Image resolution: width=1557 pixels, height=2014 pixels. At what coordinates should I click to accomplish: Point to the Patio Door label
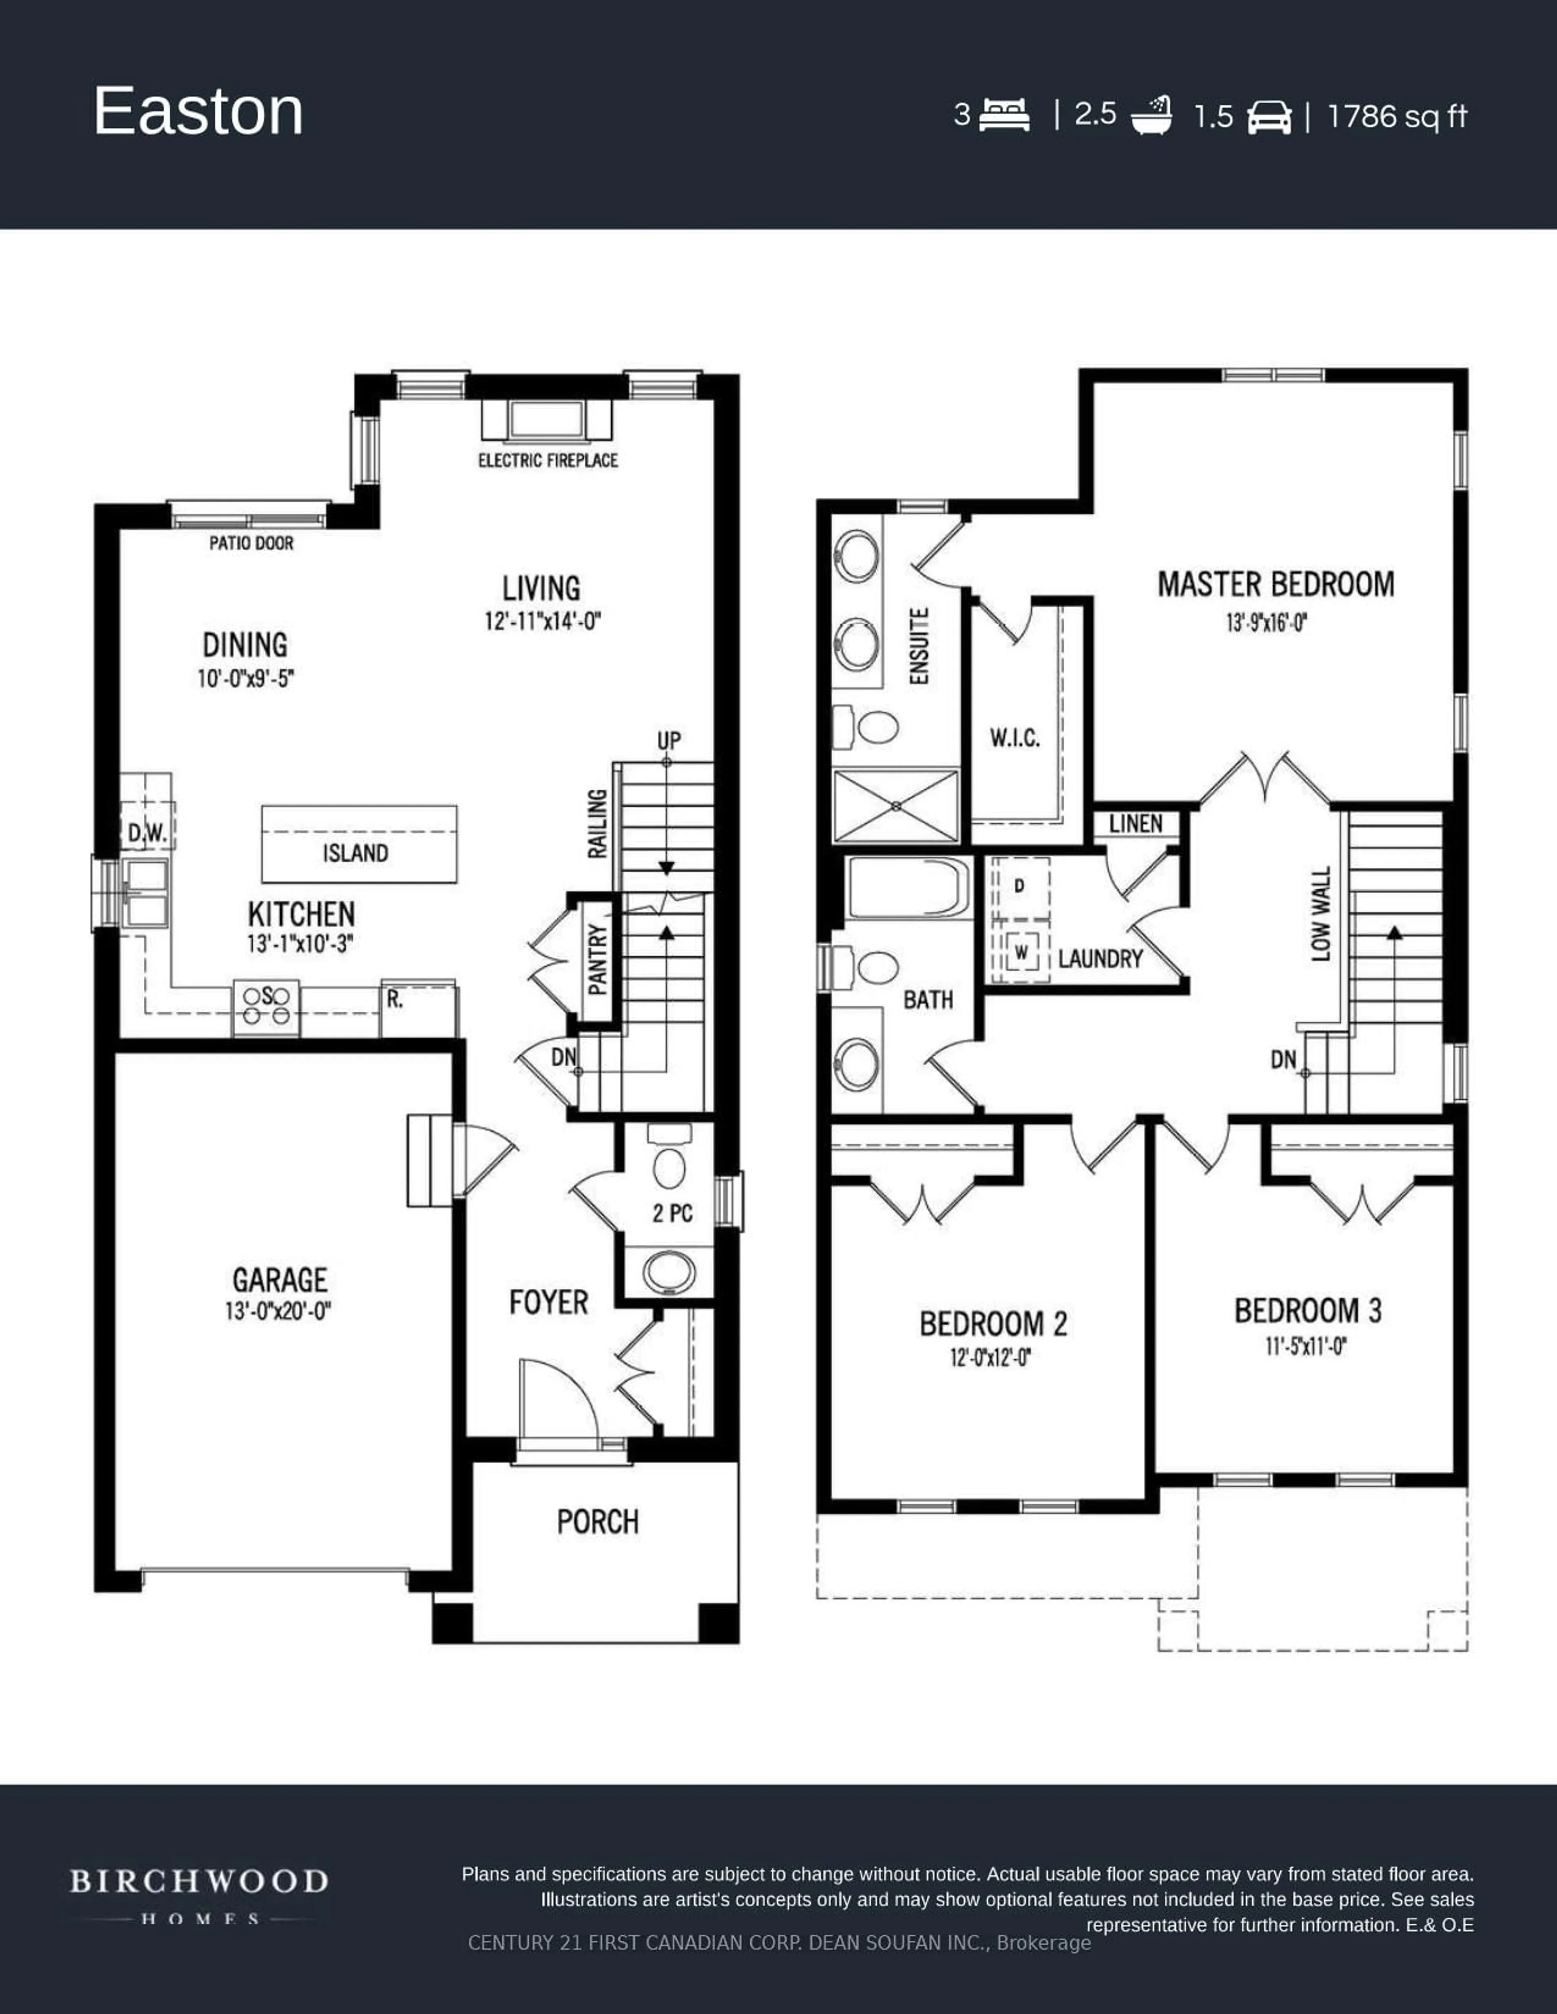[251, 543]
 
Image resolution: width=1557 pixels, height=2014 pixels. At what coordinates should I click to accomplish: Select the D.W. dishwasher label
[147, 833]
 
